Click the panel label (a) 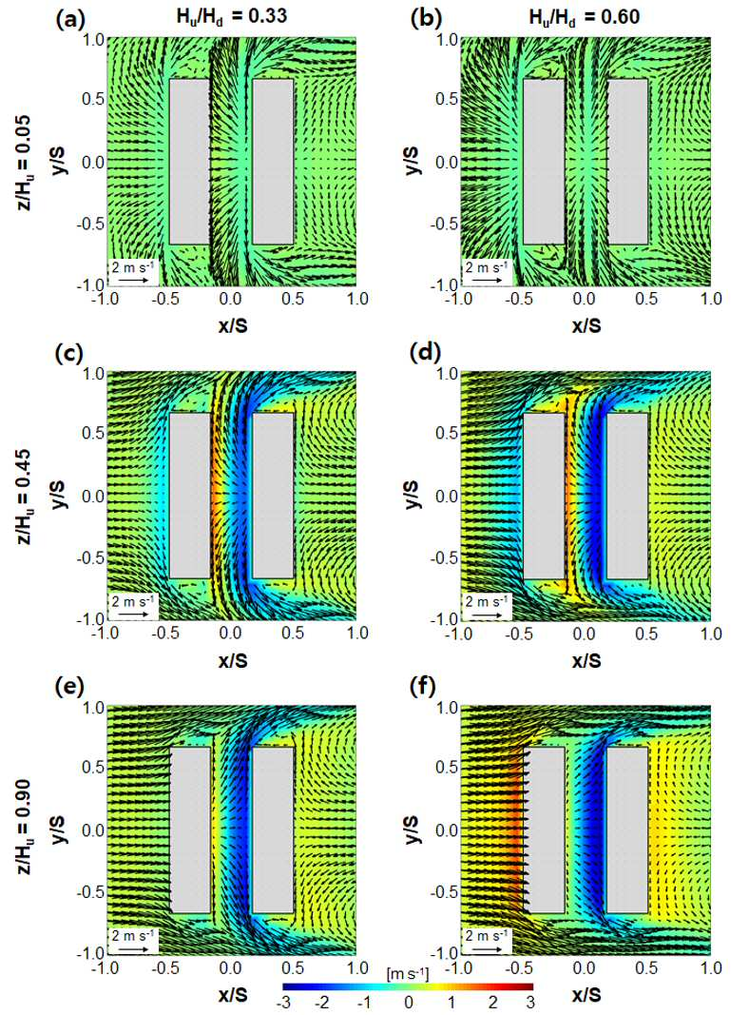pos(70,19)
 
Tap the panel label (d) pos(425,354)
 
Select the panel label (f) pos(424,686)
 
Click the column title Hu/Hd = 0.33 pos(232,16)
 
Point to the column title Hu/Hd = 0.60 pos(585,16)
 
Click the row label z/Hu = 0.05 pos(26,163)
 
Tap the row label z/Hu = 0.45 pos(26,497)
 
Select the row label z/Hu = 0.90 pos(26,830)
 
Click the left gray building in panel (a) pos(189,162)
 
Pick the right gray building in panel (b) pos(627,162)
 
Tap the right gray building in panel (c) pos(273,496)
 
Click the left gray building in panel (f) pos(544,830)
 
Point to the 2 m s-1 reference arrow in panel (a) pos(135,280)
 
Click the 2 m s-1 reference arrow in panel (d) pos(488,614)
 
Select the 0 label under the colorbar pos(408,1002)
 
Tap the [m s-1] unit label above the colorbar pos(408,973)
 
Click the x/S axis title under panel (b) pos(586,325)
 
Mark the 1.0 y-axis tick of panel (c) pos(94,374)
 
